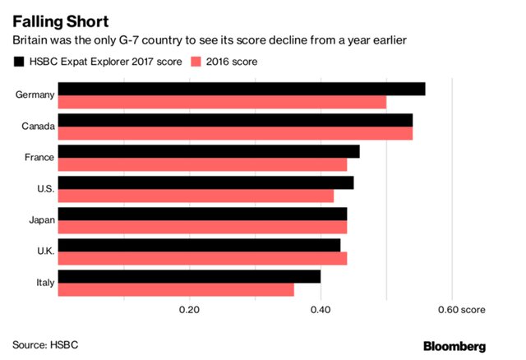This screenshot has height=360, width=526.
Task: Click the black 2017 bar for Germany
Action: [242, 89]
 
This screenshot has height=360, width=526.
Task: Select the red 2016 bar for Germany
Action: [222, 102]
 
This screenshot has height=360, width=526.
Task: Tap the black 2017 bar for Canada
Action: [235, 120]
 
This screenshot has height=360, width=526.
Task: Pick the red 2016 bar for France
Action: [202, 164]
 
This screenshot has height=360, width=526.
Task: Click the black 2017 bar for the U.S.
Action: [205, 182]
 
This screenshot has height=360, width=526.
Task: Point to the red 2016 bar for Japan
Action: [202, 227]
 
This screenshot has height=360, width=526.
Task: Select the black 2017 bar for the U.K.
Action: [199, 245]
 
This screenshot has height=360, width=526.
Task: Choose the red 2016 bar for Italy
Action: [176, 289]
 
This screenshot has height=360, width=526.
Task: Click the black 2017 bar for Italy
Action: [189, 276]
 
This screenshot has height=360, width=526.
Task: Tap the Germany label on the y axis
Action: [35, 95]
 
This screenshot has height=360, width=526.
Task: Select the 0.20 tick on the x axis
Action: [189, 311]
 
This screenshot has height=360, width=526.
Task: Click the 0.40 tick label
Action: [321, 311]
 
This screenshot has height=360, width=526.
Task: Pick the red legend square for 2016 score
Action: [195, 62]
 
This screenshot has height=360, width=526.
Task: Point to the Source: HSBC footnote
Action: [45, 344]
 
